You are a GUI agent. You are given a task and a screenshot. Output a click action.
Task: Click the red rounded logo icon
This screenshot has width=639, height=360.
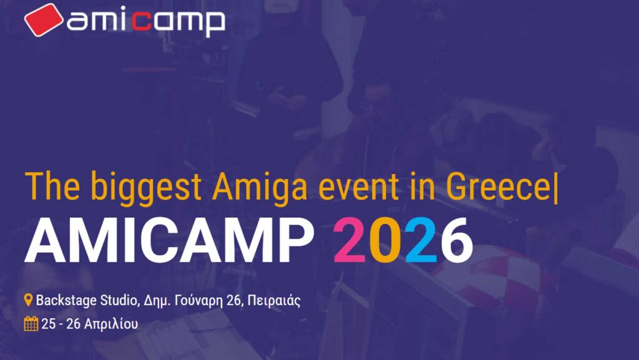tap(44, 19)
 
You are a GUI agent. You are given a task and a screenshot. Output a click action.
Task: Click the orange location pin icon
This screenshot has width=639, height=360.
tap(28, 301)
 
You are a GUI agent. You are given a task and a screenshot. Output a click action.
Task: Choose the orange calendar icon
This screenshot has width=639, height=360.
tap(31, 324)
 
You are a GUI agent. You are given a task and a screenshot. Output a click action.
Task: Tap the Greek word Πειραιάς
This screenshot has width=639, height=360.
tap(274, 301)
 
